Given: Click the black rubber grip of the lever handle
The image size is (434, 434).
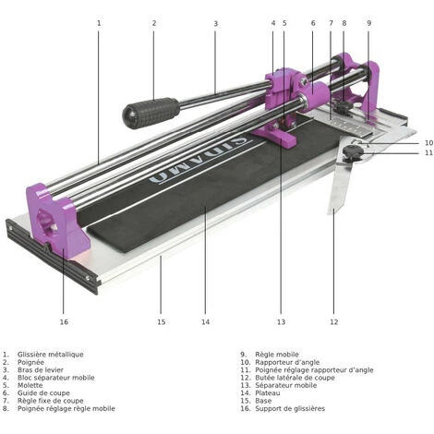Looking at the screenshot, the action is (151, 113).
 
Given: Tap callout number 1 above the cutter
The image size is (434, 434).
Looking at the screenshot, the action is (99, 23).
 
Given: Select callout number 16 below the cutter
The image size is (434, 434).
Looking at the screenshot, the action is (64, 322).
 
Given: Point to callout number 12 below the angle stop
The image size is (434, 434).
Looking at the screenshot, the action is (334, 322).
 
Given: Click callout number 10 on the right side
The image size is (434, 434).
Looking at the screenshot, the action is (428, 143).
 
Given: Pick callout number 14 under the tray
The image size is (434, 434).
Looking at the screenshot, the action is (205, 322).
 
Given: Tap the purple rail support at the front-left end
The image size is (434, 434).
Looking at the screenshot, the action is (57, 220).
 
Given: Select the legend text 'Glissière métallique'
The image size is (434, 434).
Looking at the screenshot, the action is (50, 355).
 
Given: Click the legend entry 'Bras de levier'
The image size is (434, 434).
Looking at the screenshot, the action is (41, 370).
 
